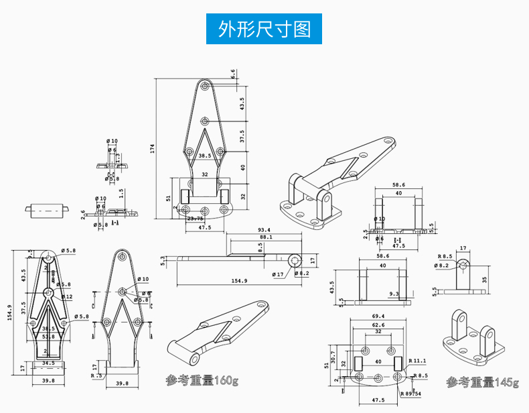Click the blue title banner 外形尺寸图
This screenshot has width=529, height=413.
tap(264, 29)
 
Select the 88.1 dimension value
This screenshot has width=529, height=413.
tap(265, 237)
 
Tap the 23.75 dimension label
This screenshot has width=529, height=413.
tap(196, 219)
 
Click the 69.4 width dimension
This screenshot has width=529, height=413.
tap(378, 316)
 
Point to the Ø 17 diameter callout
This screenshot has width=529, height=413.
tap(278, 274)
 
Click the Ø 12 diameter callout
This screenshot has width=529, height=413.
tap(66, 296)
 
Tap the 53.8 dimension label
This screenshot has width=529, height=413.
tap(48, 337)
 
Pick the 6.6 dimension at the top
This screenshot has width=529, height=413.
tap(234, 74)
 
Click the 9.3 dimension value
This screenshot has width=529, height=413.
tap(393, 294)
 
